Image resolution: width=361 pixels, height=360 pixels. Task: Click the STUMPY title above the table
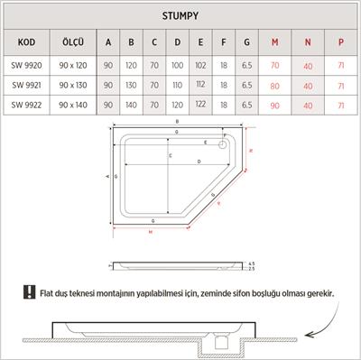pos(180,15)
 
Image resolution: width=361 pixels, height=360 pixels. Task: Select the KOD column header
pos(27,42)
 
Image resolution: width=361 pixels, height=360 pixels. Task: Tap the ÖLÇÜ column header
pos(73,42)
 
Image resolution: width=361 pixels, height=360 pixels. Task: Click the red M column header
pos(273,42)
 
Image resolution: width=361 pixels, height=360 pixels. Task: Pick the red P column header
pos(340,42)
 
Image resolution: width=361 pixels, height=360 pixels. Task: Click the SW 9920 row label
pos(27,66)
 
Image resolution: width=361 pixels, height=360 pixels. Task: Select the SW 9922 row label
pos(27,106)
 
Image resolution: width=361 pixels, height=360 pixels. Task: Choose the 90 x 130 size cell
pos(73,86)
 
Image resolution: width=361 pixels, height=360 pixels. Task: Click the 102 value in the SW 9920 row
pos(199,66)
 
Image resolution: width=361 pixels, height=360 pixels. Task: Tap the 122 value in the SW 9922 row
pos(199,106)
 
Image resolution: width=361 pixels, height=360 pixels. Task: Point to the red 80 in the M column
pos(273,86)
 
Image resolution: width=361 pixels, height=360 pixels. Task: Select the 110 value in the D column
pos(177,86)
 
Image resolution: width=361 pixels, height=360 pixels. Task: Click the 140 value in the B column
pos(132,106)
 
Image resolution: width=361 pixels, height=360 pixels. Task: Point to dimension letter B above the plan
pos(177,120)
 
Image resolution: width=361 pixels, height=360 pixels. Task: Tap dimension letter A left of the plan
pos(106,178)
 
